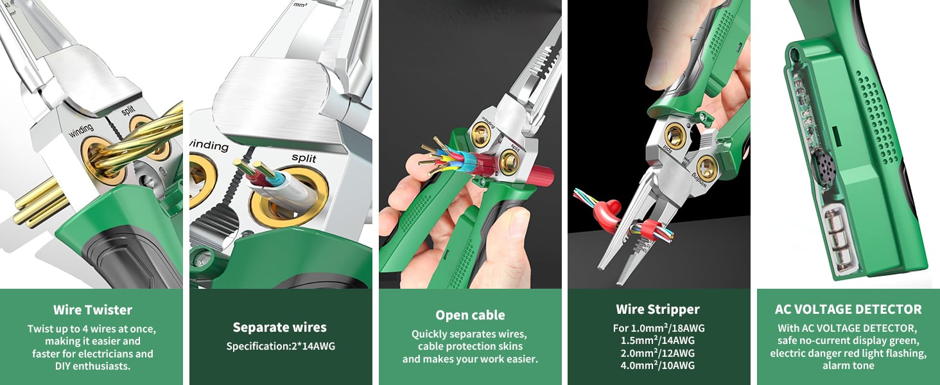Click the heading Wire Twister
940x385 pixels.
(92, 310)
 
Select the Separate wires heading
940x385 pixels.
(280, 327)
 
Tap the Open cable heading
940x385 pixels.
(470, 315)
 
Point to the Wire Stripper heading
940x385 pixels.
(657, 309)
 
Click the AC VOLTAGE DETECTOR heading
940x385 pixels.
(848, 309)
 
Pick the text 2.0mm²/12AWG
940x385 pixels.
(657, 353)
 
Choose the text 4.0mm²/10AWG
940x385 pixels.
(657, 366)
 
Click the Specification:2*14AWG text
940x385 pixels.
(280, 346)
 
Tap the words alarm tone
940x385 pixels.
(848, 366)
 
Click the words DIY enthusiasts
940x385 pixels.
(92, 366)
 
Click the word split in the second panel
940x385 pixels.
(304, 157)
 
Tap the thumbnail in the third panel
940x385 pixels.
(514, 221)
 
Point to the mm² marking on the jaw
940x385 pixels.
(299, 5)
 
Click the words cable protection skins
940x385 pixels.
(470, 346)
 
